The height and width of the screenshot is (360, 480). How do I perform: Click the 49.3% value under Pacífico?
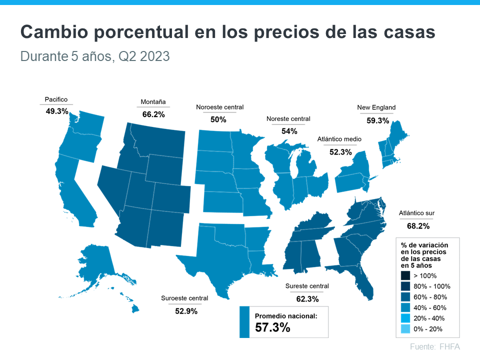(56, 111)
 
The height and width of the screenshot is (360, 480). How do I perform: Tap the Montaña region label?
(153, 102)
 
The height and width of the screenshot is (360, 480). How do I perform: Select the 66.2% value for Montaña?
(153, 114)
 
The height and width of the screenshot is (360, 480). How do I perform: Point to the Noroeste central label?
(219, 107)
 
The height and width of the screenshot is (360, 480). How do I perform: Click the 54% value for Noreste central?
(289, 131)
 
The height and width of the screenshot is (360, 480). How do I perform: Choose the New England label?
(376, 107)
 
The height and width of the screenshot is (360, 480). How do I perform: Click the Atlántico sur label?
(416, 213)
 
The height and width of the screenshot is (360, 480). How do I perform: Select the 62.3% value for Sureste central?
(307, 299)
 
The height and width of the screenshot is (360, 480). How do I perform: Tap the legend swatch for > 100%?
(405, 275)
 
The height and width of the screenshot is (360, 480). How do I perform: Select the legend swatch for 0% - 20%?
(405, 329)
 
